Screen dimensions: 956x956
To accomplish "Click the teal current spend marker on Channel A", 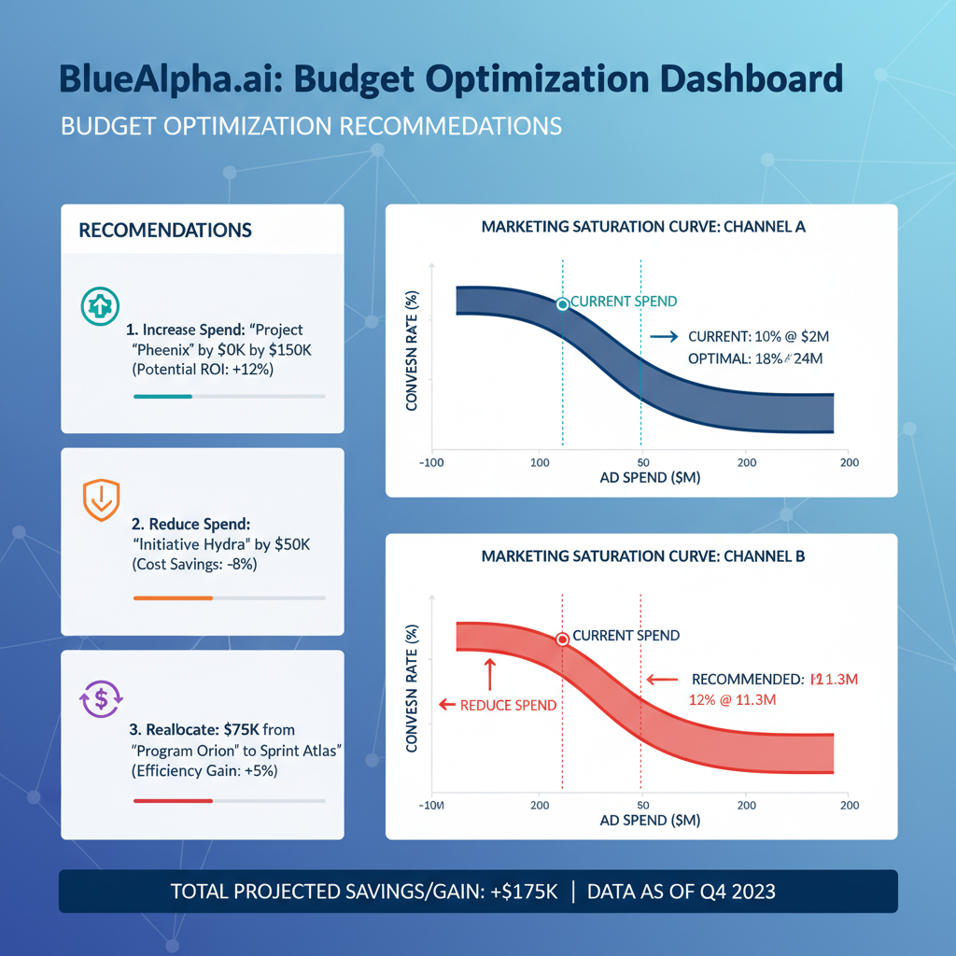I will click(562, 304).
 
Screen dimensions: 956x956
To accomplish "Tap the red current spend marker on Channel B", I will click(562, 640).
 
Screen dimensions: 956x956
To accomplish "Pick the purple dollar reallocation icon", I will click(97, 698).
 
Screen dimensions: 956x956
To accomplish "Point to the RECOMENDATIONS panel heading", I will click(165, 230).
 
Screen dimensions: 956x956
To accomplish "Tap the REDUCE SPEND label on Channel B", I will click(509, 705).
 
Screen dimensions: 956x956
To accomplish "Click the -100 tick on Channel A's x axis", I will click(434, 462).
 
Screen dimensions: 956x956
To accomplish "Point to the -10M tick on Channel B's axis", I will click(432, 804).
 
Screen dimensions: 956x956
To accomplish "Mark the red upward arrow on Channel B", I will click(488, 672).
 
